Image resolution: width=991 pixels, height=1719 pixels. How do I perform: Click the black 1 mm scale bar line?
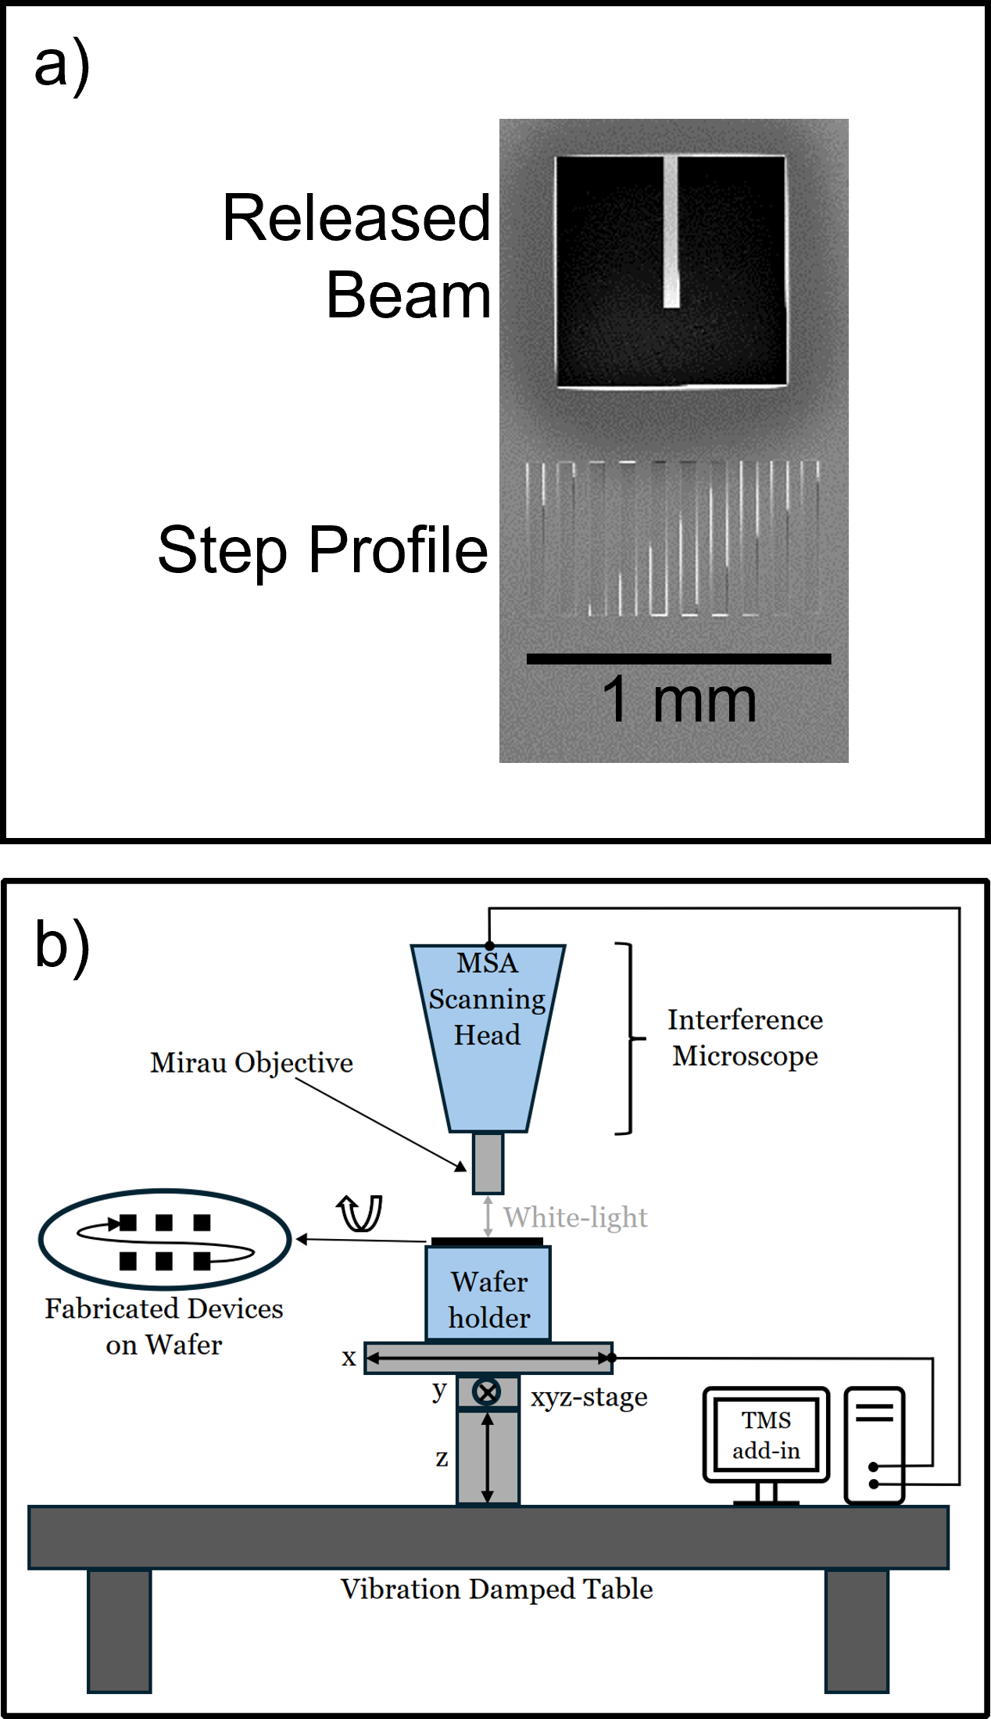click(678, 659)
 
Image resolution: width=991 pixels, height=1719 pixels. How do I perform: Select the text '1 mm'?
click(678, 700)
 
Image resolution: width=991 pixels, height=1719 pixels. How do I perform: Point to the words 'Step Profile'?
click(322, 550)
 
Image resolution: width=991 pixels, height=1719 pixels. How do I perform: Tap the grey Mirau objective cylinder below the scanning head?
click(488, 1163)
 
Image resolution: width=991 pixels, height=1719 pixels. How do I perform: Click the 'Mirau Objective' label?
click(251, 1063)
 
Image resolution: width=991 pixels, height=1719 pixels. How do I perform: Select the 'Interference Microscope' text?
click(745, 1037)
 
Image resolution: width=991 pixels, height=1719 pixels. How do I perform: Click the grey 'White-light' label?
click(575, 1217)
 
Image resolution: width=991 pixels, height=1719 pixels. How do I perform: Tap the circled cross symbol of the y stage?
click(487, 1391)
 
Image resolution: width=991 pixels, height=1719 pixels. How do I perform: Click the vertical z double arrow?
click(487, 1458)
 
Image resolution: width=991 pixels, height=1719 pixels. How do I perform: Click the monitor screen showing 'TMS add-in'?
click(766, 1434)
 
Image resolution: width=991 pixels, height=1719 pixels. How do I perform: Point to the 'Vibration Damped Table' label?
click(496, 1589)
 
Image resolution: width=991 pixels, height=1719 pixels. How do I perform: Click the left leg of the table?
click(119, 1630)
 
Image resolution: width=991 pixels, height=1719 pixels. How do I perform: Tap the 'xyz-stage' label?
click(589, 1397)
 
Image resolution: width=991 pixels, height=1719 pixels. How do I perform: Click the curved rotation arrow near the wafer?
click(360, 1214)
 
